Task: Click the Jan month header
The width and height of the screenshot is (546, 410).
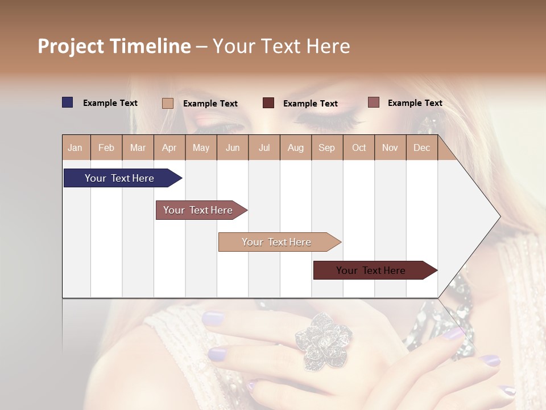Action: click(75, 147)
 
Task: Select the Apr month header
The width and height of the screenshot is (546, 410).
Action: click(169, 147)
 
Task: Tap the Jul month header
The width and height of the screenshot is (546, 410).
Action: click(264, 147)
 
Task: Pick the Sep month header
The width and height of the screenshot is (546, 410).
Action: click(326, 147)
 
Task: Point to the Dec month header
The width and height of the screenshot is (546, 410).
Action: click(421, 147)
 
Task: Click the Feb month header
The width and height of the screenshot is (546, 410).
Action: click(106, 147)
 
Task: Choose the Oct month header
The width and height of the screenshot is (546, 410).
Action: click(359, 147)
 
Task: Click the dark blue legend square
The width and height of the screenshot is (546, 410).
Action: click(68, 102)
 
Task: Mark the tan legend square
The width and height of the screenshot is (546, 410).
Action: click(168, 103)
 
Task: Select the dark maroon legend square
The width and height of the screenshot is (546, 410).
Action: click(268, 103)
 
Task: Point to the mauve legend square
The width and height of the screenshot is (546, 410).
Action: click(374, 102)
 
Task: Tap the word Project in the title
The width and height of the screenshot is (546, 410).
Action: click(71, 46)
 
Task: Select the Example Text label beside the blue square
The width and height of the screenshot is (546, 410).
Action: click(110, 103)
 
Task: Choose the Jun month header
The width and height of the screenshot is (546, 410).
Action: click(233, 147)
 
